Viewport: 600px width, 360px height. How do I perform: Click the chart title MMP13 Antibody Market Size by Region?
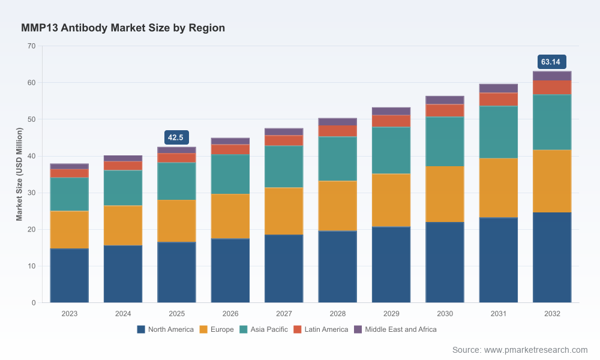pyautogui.click(x=123, y=28)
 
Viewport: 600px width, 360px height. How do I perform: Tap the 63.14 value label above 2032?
pyautogui.click(x=551, y=62)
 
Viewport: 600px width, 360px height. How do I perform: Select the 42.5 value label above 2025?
pyautogui.click(x=176, y=137)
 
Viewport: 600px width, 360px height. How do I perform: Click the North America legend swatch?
pyautogui.click(x=141, y=329)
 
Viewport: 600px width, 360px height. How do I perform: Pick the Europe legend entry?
pyautogui.click(x=217, y=329)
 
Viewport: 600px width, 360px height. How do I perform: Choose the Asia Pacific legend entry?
pyautogui.click(x=263, y=329)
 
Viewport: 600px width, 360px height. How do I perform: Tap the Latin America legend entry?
pyautogui.click(x=320, y=329)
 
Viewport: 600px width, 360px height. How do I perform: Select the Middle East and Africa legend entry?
pyautogui.click(x=395, y=329)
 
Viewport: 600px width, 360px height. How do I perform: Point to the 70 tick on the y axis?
pyautogui.click(x=31, y=46)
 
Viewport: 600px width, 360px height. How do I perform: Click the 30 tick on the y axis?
pyautogui.click(x=31, y=193)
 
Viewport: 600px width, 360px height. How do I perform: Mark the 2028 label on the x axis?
pyautogui.click(x=337, y=314)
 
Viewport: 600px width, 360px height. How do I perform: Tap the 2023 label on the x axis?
pyautogui.click(x=69, y=314)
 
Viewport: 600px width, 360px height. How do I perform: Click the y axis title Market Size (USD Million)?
pyautogui.click(x=19, y=174)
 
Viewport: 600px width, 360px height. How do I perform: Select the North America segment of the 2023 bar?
pyautogui.click(x=69, y=275)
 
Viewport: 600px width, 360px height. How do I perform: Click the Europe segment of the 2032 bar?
pyautogui.click(x=552, y=181)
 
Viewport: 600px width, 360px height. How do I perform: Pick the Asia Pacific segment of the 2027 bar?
pyautogui.click(x=284, y=166)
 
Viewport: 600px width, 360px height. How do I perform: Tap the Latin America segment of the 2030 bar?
pyautogui.click(x=445, y=110)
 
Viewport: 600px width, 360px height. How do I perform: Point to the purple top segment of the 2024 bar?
pyautogui.click(x=123, y=158)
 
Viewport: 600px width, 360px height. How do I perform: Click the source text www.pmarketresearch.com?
pyautogui.click(x=536, y=350)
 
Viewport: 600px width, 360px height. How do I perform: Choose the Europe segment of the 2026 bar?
pyautogui.click(x=230, y=216)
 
